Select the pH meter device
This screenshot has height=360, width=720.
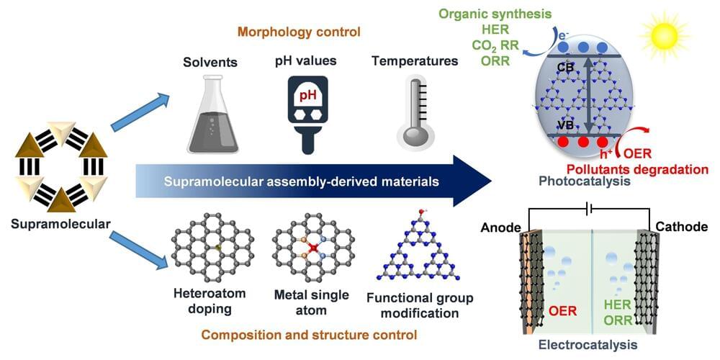(x=302, y=114)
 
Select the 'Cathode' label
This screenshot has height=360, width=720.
(x=681, y=228)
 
